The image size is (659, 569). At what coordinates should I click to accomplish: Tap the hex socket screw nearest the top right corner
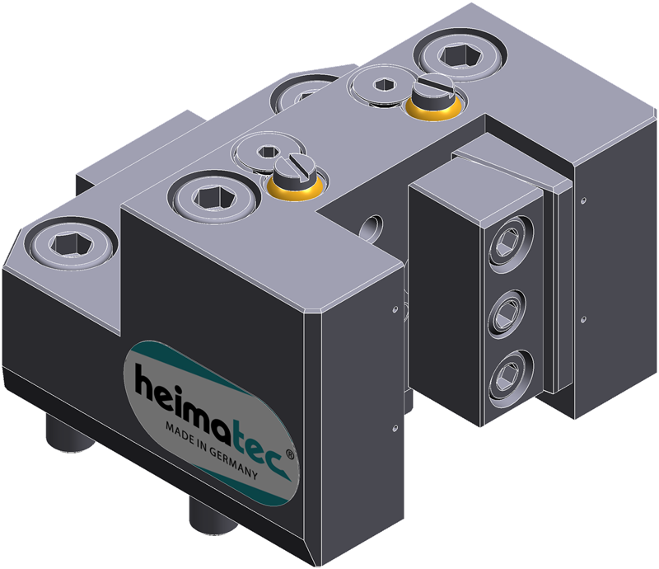pyautogui.click(x=460, y=55)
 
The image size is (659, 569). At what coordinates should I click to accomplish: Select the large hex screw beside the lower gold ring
pyautogui.click(x=214, y=195)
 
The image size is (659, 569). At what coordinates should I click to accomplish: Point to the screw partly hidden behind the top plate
pyautogui.click(x=304, y=93)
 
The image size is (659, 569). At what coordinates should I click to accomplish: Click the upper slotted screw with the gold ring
pyautogui.click(x=433, y=96)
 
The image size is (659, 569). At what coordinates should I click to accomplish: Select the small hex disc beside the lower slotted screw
pyautogui.click(x=268, y=152)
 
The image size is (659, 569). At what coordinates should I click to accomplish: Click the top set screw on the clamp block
pyautogui.click(x=510, y=244)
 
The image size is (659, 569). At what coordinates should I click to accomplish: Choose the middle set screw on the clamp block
pyautogui.click(x=507, y=313)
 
